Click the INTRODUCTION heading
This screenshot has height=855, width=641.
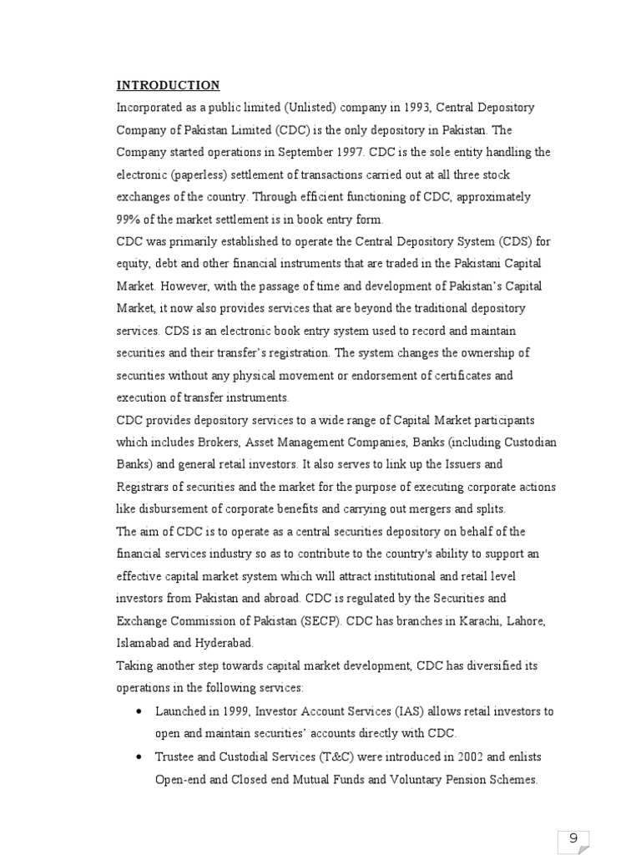pyautogui.click(x=168, y=85)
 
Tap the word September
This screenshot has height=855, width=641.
pyautogui.click(x=300, y=153)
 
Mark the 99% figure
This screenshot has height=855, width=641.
pyautogui.click(x=128, y=220)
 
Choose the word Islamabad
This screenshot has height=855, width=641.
pyautogui.click(x=144, y=644)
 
